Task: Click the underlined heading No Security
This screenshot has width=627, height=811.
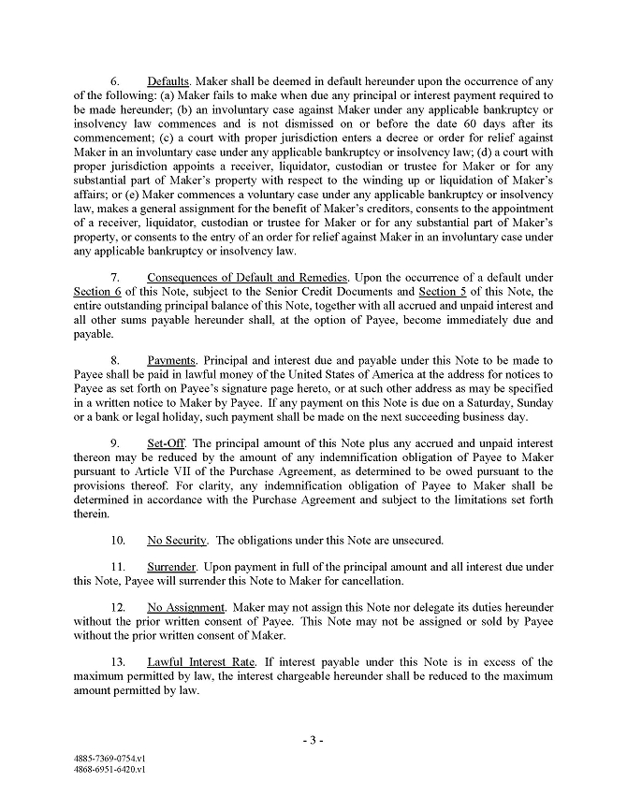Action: [178, 540]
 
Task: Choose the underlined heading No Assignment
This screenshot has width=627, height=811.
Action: [186, 607]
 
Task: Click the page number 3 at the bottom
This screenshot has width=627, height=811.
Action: [313, 740]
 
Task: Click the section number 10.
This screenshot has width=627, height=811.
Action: [118, 540]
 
